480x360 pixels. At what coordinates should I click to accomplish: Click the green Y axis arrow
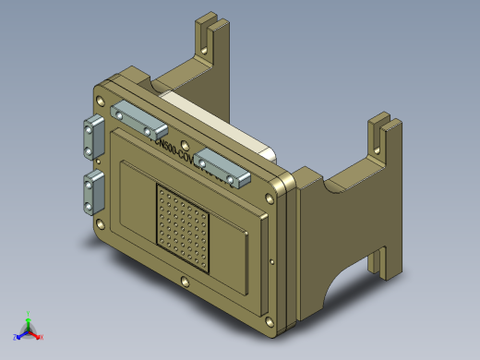click(x=29, y=317)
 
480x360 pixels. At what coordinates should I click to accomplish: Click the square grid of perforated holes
click(x=183, y=228)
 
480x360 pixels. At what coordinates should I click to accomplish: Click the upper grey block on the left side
click(x=94, y=138)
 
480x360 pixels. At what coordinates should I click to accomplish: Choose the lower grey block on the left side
click(x=93, y=192)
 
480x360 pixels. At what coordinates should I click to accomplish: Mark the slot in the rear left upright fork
click(x=209, y=37)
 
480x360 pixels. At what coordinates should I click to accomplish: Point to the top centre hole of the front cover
click(x=189, y=144)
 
